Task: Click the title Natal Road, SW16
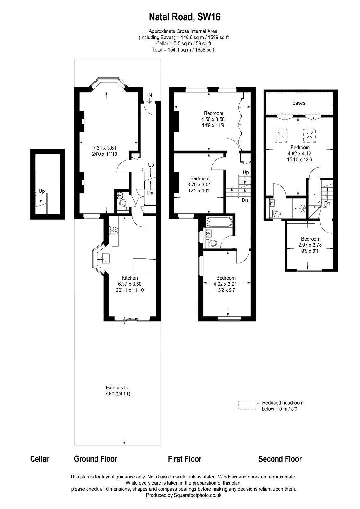click(x=185, y=17)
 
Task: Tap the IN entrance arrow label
click(x=150, y=95)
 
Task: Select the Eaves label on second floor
click(x=298, y=103)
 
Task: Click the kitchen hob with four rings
click(x=114, y=230)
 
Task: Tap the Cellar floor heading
click(x=39, y=459)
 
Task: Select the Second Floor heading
click(x=280, y=459)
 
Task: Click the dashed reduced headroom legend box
click(x=247, y=405)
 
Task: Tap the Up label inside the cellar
click(x=42, y=191)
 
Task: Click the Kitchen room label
click(x=130, y=278)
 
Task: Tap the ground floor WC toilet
click(x=122, y=203)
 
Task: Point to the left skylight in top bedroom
click(x=281, y=134)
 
